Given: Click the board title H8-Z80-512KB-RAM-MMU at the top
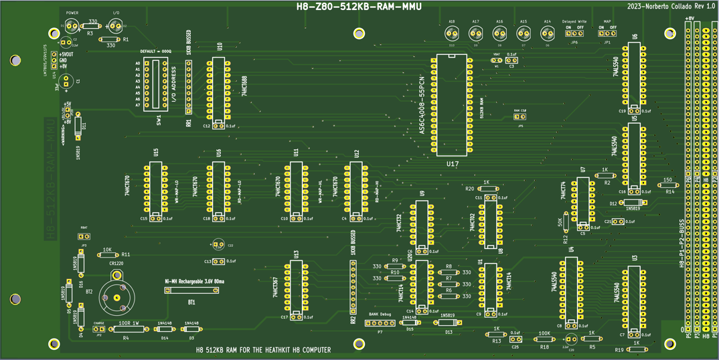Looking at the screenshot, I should click(x=359, y=7).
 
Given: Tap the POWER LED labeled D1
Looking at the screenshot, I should click(x=71, y=27).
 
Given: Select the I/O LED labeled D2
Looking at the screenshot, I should click(x=115, y=27).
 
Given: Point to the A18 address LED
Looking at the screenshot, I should click(x=452, y=33).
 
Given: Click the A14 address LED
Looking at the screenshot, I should click(x=547, y=33).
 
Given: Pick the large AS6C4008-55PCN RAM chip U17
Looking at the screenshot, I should click(x=452, y=105).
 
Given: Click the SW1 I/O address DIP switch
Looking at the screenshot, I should click(x=159, y=84).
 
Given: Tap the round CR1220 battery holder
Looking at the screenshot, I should click(x=117, y=297).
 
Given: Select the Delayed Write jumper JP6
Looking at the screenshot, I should click(x=574, y=33).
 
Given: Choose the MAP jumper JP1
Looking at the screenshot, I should click(x=607, y=33).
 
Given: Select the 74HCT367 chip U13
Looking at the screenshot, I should click(x=296, y=289).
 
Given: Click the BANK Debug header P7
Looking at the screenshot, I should click(x=380, y=323).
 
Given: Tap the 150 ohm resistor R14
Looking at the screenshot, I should click(x=667, y=187).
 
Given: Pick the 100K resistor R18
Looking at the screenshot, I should click(x=544, y=339).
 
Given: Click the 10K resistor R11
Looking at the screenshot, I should click(x=106, y=254).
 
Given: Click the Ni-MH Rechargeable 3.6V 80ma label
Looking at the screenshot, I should click(x=194, y=282).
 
